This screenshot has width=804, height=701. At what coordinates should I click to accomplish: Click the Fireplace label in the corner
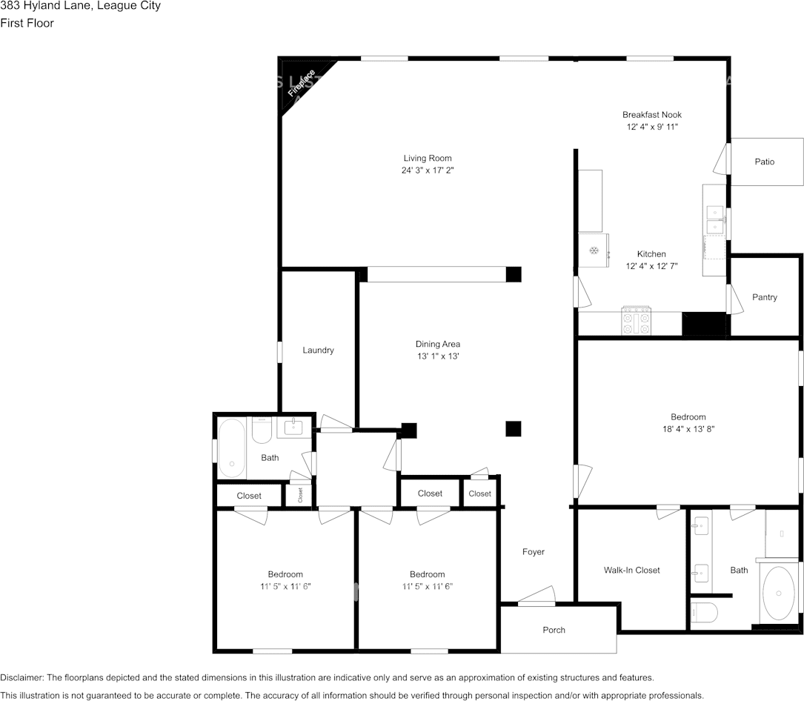pos(302,83)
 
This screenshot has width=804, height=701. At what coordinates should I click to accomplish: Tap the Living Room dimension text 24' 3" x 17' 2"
pos(428,170)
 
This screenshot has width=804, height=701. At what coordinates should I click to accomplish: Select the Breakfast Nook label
pos(651,115)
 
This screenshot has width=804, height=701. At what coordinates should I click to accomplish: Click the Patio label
pos(765,162)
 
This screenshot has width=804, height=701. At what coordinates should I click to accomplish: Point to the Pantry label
pos(765,297)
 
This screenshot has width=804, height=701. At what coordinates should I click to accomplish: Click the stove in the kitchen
pos(636,321)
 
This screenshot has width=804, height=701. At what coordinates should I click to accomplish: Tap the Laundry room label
pos(318,350)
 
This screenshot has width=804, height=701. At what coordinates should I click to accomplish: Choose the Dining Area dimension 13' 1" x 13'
pos(438,356)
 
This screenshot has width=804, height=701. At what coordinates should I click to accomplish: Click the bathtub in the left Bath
pos(232,449)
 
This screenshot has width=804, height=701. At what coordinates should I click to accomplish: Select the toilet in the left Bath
pos(262,431)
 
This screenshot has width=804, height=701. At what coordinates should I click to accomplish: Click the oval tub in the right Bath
pos(778,593)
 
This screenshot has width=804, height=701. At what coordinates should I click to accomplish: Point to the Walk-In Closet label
pos(631,571)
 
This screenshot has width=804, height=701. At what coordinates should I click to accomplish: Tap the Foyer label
pos(534,552)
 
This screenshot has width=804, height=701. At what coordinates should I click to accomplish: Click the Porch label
pos(554,631)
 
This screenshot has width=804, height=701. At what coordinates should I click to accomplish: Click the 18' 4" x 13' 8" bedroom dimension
pos(688,429)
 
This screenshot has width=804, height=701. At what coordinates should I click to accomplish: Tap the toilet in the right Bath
pos(704,612)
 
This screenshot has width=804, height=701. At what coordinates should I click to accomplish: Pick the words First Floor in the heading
pos(27,23)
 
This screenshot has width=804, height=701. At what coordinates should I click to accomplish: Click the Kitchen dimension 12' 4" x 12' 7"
pos(651,266)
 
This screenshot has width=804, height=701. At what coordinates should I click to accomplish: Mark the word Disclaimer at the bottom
pos(22,678)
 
